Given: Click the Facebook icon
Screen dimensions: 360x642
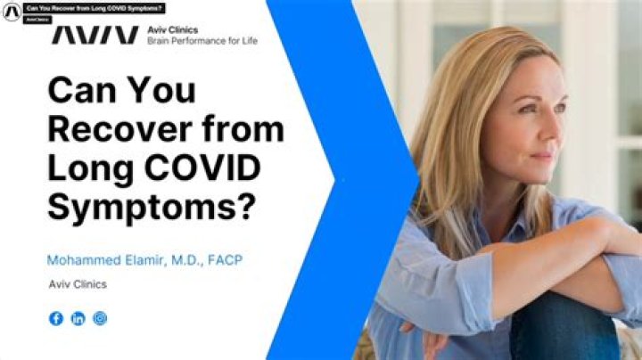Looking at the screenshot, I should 56,318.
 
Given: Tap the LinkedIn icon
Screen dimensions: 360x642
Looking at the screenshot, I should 78,318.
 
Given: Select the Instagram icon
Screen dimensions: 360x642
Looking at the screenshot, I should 100,318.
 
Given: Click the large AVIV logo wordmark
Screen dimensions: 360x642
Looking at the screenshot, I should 94,34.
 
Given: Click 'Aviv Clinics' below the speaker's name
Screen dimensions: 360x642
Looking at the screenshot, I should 78,284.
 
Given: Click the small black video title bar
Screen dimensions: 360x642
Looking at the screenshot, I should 94,9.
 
